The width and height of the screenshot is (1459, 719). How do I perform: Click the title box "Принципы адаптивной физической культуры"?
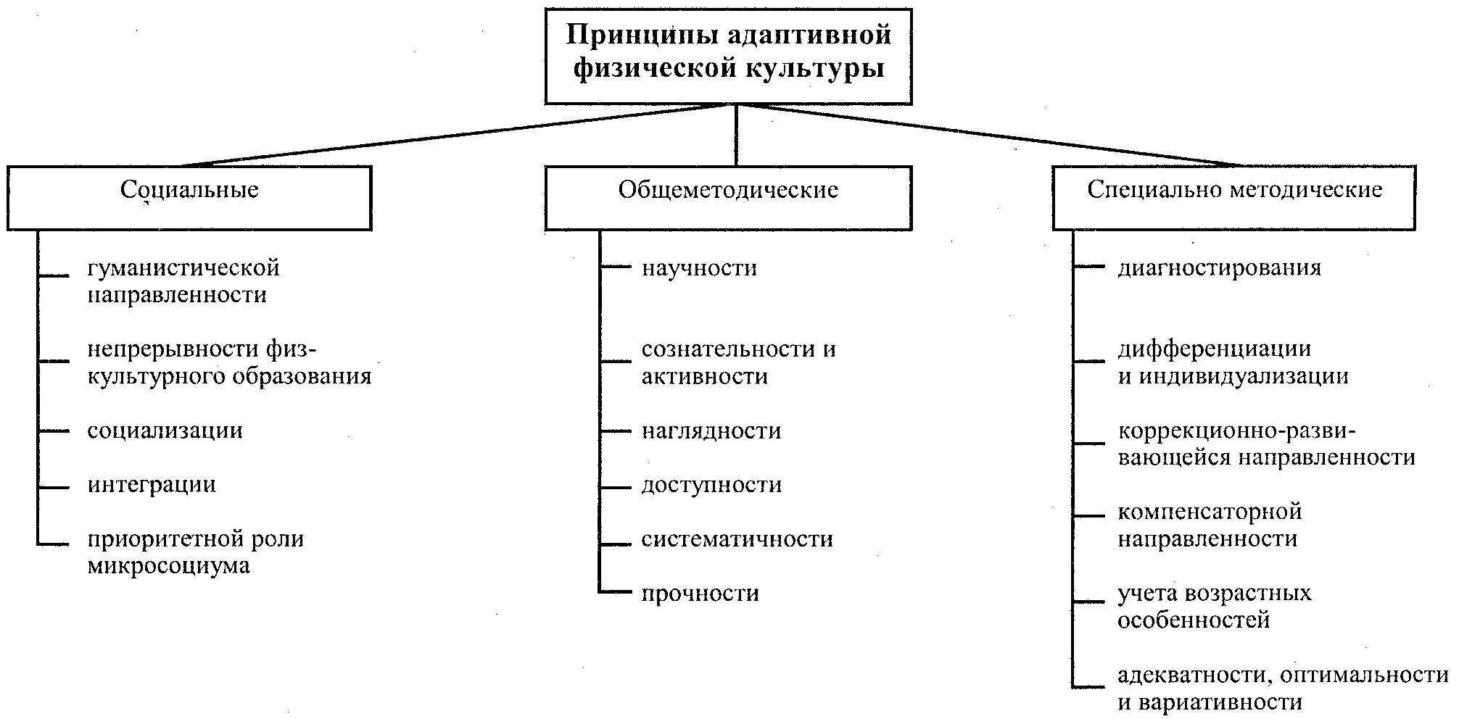[728, 55]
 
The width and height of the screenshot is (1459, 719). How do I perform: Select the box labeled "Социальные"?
[189, 197]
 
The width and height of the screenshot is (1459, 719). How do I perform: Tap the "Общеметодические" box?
[728, 197]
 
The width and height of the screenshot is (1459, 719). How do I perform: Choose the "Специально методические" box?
[1234, 197]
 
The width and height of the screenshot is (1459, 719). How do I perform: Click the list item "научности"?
[700, 268]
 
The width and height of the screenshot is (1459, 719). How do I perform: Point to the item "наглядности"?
[711, 431]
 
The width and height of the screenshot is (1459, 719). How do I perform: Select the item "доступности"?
[711, 485]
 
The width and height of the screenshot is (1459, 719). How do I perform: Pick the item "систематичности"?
[737, 539]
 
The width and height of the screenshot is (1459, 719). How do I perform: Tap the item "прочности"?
[700, 594]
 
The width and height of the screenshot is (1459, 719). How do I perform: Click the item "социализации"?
[165, 431]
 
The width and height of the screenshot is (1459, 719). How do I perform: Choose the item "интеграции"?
[152, 485]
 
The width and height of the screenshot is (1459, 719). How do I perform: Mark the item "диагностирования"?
[1219, 268]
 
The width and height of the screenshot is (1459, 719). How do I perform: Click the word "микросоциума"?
[169, 566]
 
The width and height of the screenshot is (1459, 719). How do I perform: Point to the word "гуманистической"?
[183, 268]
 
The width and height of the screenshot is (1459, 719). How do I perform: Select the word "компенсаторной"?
[1210, 512]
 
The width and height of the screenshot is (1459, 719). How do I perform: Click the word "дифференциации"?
[1214, 349]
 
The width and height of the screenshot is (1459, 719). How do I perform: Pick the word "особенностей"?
[1194, 621]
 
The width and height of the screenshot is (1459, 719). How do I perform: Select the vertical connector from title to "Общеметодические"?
[737, 136]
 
